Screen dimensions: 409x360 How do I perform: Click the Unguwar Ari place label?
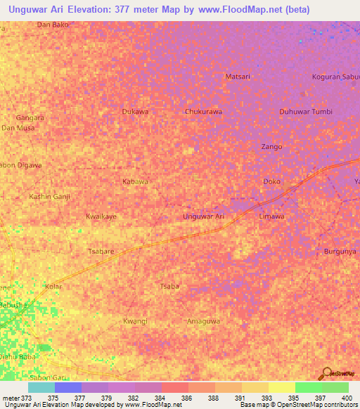203,216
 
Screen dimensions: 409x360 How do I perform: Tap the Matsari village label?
238,76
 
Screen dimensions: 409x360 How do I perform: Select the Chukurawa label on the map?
203,112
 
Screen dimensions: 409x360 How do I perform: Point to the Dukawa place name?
135,112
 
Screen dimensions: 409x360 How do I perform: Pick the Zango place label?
271,147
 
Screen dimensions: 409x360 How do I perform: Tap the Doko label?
271,181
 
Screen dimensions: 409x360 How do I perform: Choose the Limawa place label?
271,216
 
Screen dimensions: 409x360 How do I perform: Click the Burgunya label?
340,251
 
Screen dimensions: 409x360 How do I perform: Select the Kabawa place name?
135,181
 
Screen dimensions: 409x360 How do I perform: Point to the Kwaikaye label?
101,216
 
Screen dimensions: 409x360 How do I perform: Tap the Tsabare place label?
101,251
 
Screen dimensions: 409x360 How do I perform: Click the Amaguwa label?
203,321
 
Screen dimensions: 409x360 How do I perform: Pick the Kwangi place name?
135,321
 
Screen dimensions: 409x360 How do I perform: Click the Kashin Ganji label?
49,196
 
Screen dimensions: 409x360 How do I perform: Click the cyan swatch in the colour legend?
41,387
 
